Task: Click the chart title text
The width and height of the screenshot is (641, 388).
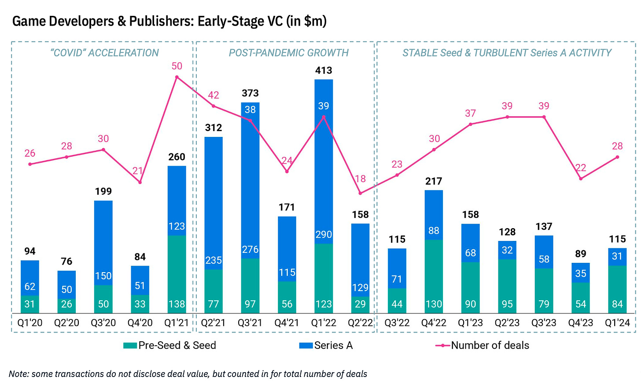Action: (169, 21)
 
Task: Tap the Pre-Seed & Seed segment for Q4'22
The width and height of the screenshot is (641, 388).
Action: (434, 277)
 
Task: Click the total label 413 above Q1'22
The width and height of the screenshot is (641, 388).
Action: (324, 70)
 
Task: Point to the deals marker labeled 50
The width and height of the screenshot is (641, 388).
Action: (177, 77)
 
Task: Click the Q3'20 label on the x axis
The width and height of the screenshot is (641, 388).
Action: (103, 323)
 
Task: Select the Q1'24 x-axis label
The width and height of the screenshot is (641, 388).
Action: (617, 323)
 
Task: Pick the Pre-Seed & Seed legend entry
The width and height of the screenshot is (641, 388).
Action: (170, 346)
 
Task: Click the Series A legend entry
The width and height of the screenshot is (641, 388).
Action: (326, 346)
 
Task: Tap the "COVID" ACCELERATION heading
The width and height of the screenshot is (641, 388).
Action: (104, 53)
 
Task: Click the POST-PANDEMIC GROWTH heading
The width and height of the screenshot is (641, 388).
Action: (288, 53)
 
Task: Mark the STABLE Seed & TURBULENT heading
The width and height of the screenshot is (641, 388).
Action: (507, 53)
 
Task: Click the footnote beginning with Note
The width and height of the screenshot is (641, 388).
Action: (188, 374)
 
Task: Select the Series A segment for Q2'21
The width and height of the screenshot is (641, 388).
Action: (214, 203)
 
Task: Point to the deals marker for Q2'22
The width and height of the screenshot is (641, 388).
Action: (360, 193)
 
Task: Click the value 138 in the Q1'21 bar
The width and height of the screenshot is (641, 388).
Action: (177, 304)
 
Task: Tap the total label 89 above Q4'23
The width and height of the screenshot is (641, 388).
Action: (581, 254)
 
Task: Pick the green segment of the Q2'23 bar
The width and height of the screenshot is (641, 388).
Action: (507, 286)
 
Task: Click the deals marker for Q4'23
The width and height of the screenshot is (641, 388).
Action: (581, 179)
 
